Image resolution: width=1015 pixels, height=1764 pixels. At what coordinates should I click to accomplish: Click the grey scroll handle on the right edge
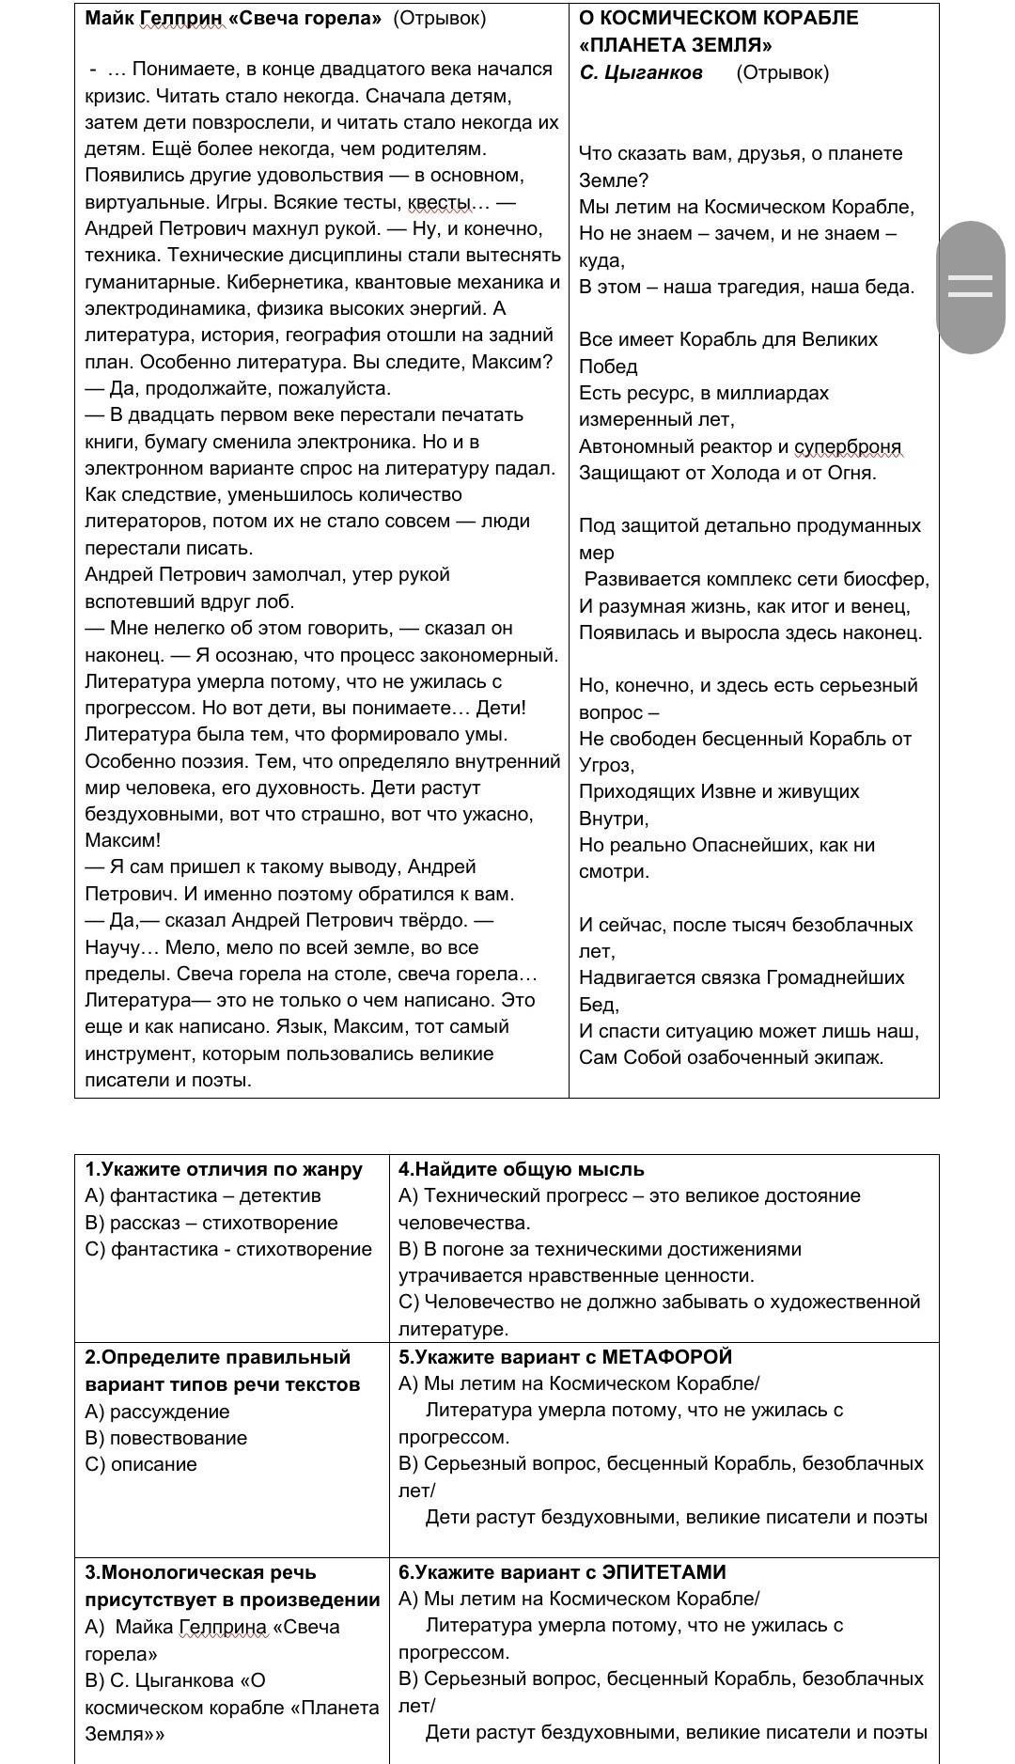(x=971, y=287)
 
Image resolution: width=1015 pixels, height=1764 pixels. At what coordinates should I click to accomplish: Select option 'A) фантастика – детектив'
(x=202, y=1195)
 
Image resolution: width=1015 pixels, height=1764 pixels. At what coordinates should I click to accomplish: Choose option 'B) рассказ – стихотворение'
(x=211, y=1223)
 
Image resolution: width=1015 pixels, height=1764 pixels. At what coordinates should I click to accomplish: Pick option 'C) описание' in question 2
(x=141, y=1464)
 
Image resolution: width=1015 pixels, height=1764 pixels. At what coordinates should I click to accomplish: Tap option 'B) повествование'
(x=165, y=1438)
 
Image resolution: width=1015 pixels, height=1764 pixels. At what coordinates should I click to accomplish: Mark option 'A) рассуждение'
(x=157, y=1412)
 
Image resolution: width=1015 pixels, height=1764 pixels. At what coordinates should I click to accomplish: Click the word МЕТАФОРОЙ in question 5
(x=666, y=1357)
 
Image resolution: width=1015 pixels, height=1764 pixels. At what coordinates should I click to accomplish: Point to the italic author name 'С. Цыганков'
(x=641, y=72)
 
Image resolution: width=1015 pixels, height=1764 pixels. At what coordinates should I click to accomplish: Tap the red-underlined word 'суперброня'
(x=848, y=446)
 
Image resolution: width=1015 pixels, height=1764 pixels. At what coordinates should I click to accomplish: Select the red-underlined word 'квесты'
(x=440, y=202)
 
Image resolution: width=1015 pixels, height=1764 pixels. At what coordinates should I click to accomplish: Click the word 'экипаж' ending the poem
(x=850, y=1057)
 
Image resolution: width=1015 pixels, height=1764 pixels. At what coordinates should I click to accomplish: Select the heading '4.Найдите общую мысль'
(x=522, y=1169)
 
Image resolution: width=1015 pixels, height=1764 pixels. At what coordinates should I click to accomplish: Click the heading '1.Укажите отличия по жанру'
(x=224, y=1169)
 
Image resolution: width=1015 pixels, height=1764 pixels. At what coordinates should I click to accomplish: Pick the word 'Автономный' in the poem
(x=628, y=446)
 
